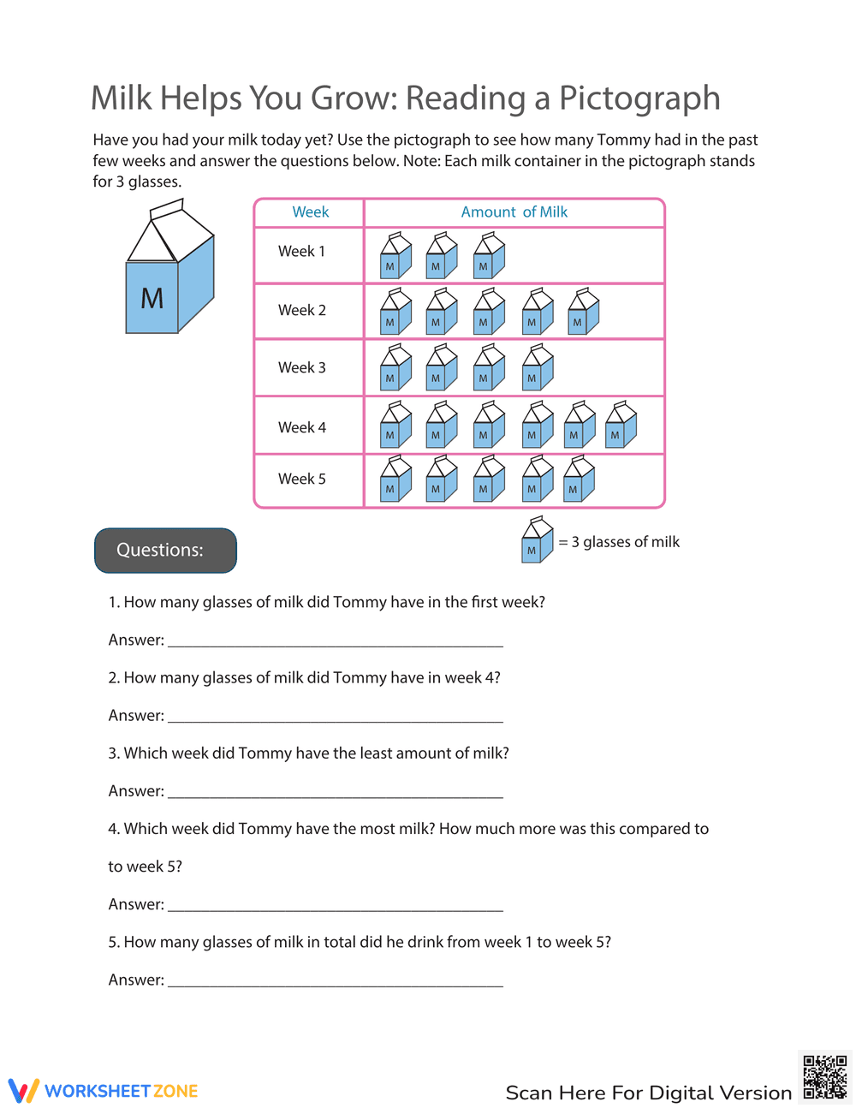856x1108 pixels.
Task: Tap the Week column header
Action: (x=310, y=212)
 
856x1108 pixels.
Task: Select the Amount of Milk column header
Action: (x=514, y=212)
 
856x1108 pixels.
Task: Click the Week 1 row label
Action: (x=301, y=252)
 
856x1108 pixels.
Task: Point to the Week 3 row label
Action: (x=301, y=368)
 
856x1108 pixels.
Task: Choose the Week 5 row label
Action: (x=301, y=480)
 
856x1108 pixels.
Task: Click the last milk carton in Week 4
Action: (x=621, y=425)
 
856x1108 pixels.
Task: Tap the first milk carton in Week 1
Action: (x=395, y=256)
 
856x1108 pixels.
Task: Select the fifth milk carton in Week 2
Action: (x=583, y=312)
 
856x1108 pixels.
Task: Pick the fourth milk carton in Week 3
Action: (x=538, y=368)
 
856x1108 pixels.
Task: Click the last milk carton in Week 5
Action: (x=579, y=479)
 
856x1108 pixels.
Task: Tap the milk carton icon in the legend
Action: (x=537, y=539)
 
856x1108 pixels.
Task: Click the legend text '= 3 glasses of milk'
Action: (x=619, y=542)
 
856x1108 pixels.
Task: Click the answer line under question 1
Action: (x=335, y=643)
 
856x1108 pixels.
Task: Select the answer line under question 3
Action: (x=335, y=794)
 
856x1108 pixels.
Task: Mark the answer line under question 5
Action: (x=335, y=983)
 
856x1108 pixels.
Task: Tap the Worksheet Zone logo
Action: (x=104, y=1091)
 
